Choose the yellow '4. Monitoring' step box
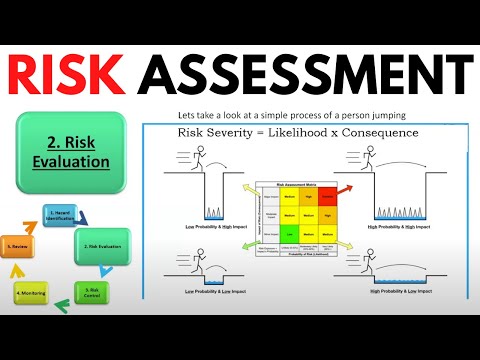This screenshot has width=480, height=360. [x=34, y=295]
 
